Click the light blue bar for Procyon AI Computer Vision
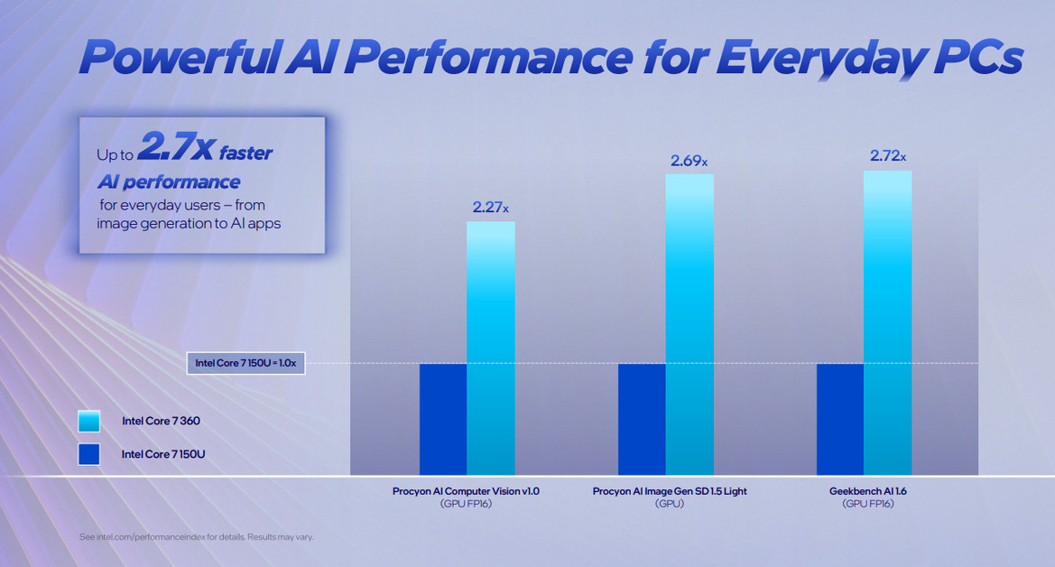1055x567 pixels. (491, 348)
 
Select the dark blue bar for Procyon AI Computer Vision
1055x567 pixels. (443, 419)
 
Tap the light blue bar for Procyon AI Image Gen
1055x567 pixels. (689, 324)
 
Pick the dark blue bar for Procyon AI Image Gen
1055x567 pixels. (642, 419)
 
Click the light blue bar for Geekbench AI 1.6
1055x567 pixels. (887, 322)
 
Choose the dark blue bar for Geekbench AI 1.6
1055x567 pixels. (840, 419)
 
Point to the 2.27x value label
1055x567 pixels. (490, 208)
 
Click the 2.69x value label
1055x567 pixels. (689, 161)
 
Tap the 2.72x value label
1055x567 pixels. (888, 156)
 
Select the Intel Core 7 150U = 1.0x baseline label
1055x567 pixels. (245, 363)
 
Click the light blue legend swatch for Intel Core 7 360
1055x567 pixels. (89, 421)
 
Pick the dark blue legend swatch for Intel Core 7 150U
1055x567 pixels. (89, 453)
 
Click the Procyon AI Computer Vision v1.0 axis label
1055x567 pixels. (466, 491)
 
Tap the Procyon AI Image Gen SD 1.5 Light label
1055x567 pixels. (670, 491)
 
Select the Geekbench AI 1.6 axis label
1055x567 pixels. (867, 491)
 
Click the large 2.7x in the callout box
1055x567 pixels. (175, 149)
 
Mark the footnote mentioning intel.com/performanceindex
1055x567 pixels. (196, 537)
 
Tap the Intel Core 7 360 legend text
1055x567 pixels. (161, 421)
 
